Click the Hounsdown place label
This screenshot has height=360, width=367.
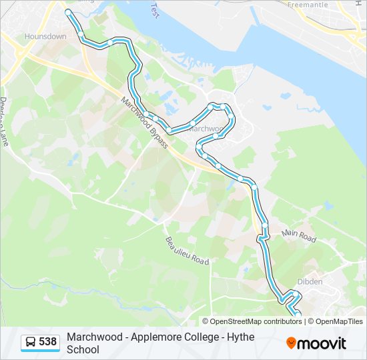click(45, 37)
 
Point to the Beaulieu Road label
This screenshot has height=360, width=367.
click(188, 250)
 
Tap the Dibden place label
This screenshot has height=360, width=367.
click(310, 281)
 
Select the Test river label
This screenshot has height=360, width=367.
click(155, 9)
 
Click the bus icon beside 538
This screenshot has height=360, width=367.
click(31, 343)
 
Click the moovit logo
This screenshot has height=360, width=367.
click(316, 343)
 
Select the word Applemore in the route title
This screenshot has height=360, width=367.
click(155, 337)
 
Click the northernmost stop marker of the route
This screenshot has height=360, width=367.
click(68, 12)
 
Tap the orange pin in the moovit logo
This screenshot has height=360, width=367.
click(291, 343)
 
